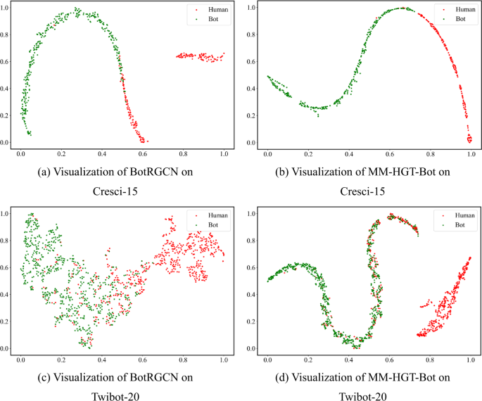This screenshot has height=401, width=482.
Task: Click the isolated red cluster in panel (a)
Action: [200, 56]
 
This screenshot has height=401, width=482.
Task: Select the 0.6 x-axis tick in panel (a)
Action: [143, 152]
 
